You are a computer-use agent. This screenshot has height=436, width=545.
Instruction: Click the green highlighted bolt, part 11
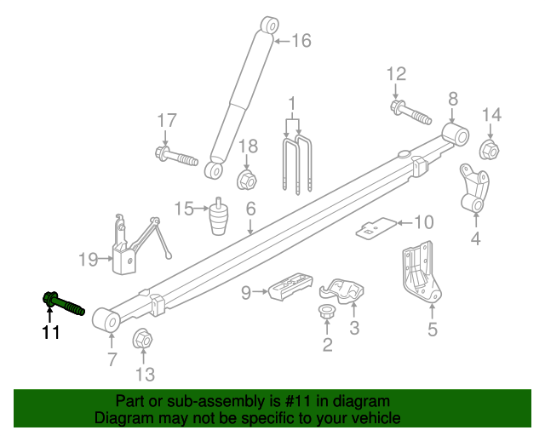tap(61, 302)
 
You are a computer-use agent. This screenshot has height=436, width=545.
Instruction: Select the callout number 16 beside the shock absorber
tap(301, 40)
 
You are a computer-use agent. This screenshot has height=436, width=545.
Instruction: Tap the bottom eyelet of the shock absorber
tap(215, 170)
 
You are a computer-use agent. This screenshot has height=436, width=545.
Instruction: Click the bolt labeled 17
tap(175, 156)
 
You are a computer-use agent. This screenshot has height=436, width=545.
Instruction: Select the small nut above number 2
tap(326, 313)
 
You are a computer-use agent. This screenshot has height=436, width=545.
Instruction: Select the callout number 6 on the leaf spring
tap(251, 209)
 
